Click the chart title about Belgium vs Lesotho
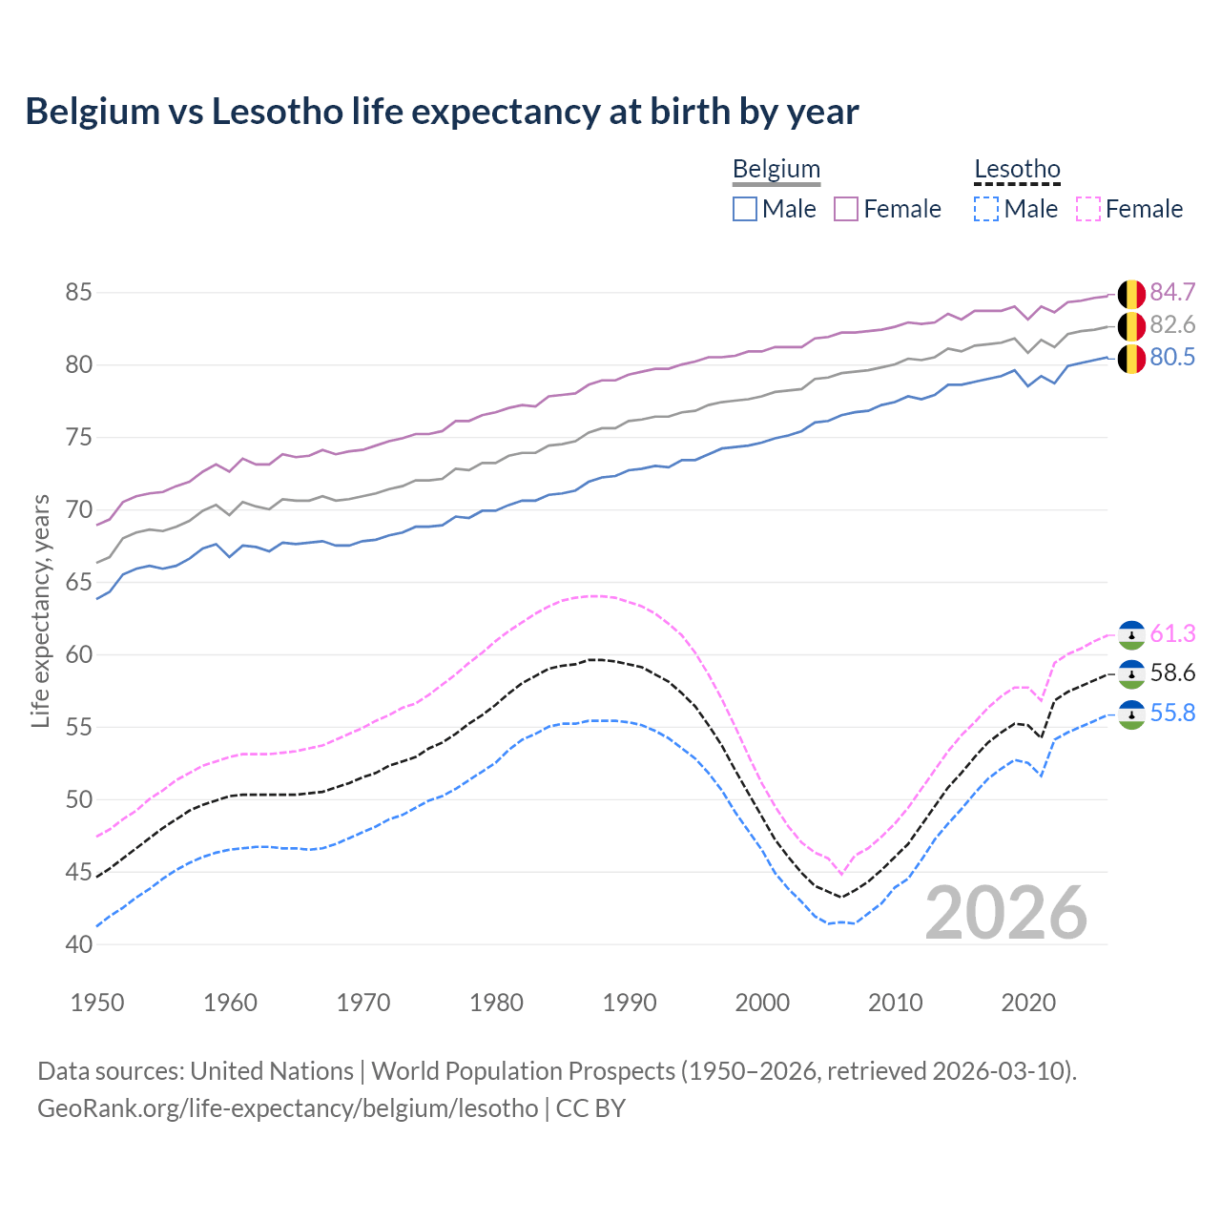click(x=442, y=112)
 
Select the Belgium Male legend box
click(x=745, y=209)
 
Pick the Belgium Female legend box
click(x=846, y=209)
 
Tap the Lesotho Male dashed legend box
click(x=986, y=209)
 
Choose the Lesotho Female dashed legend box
click(x=1087, y=209)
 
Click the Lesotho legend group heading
click(x=1017, y=170)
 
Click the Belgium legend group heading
click(x=776, y=170)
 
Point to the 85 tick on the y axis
click(x=78, y=292)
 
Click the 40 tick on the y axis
click(x=78, y=944)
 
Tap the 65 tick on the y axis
click(x=78, y=582)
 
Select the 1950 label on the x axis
click(x=97, y=1003)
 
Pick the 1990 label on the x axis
click(x=630, y=1003)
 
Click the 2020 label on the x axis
click(x=1028, y=1003)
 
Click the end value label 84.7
click(x=1172, y=292)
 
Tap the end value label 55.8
click(x=1172, y=714)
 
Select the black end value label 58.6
click(x=1172, y=673)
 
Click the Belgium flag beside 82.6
click(x=1131, y=326)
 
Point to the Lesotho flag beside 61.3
click(x=1131, y=634)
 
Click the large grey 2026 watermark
click(x=1006, y=914)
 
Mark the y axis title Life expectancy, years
click(x=40, y=610)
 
